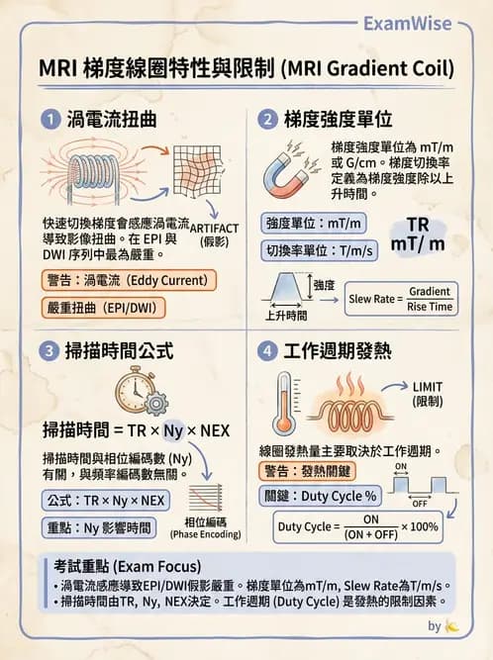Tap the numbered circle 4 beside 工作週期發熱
pos(267,350)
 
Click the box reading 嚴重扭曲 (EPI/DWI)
pos(103,308)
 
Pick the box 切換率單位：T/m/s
pos(320,251)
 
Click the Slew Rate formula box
pos(401,298)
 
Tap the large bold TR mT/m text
pos(417,235)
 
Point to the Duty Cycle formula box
pos(357,526)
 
